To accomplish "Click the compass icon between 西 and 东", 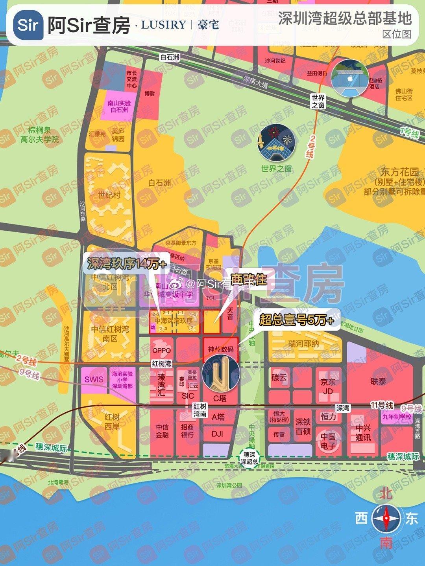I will coord(386,518).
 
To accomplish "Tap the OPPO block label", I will coord(161,350).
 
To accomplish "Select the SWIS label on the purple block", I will coord(94,379).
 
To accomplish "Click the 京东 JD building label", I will coord(328,386).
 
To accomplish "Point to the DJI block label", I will coord(217,434).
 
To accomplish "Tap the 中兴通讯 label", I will coord(363,433).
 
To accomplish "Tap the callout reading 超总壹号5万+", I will coord(296,320).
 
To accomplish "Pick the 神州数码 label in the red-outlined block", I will coord(220,349).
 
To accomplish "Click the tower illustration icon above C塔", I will coord(220,373).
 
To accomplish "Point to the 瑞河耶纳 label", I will coord(303,344).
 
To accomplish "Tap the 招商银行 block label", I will coord(187,431).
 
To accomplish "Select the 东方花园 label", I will coord(399,172).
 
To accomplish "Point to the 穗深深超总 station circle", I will coord(249,458).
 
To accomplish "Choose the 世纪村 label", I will coord(109,195).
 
